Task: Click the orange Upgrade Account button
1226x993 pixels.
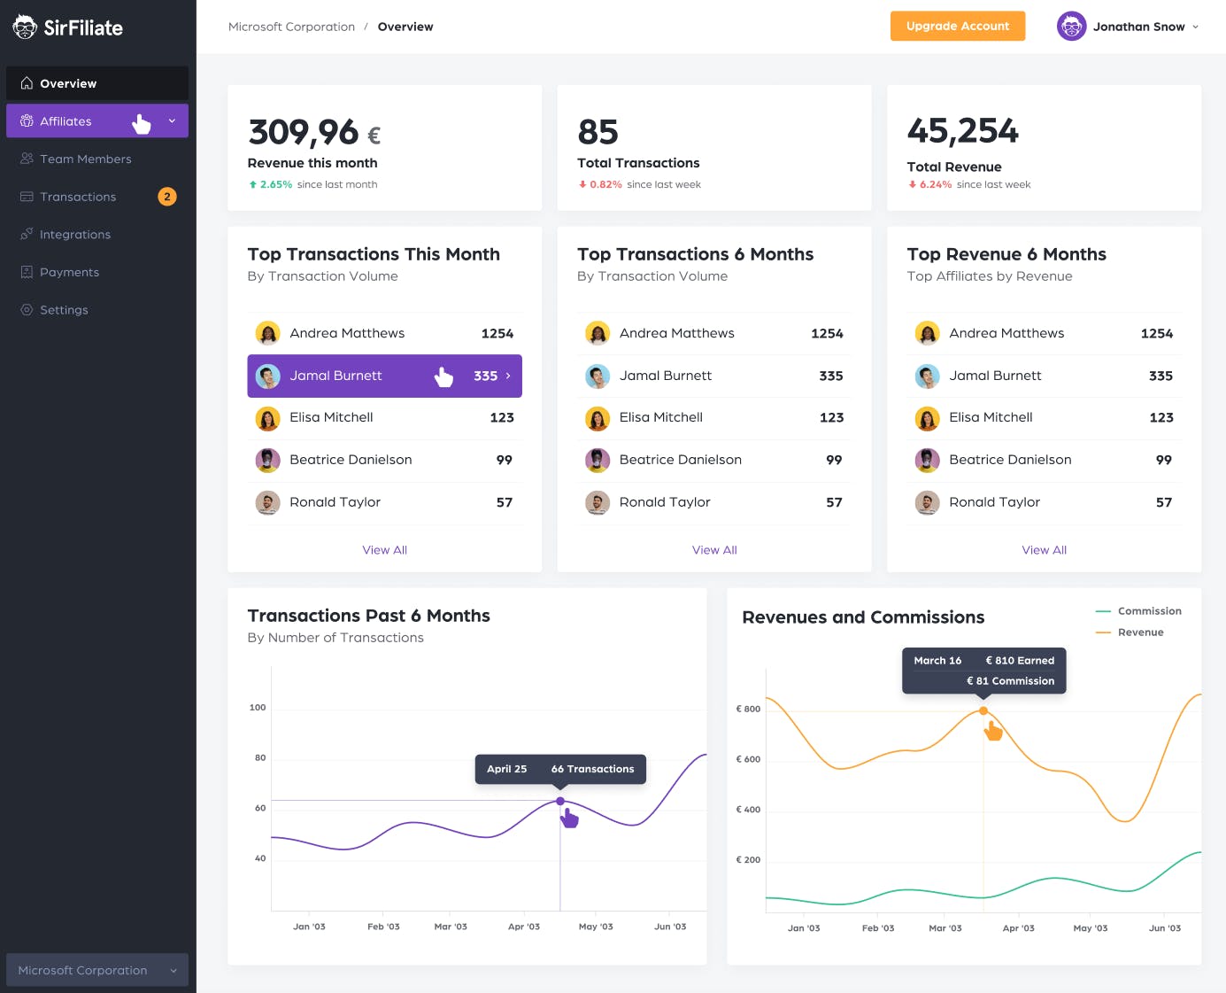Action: point(957,26)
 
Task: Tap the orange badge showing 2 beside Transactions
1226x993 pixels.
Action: point(167,197)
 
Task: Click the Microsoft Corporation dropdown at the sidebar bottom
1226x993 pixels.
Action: point(97,970)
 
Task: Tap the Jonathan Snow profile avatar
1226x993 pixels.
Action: point(1071,27)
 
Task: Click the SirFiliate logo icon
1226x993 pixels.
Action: point(25,27)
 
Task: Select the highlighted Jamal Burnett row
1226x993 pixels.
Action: point(384,376)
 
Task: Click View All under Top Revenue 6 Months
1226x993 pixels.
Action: point(1045,550)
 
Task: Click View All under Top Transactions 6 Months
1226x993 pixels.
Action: point(714,550)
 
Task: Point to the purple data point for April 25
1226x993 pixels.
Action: point(560,801)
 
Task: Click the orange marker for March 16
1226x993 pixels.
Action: point(983,710)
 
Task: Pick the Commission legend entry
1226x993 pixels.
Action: point(1138,611)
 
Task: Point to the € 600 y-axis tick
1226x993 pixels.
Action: point(748,759)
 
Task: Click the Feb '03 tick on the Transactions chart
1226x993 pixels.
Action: point(383,927)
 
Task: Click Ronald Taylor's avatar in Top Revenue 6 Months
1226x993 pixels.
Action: point(928,502)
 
